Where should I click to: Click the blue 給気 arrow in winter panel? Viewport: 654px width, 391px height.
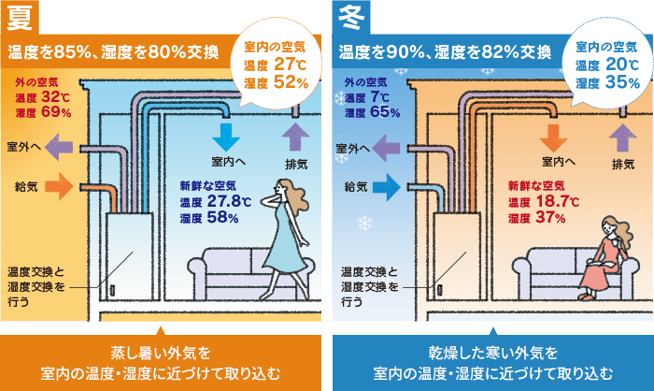pyautogui.click(x=385, y=186)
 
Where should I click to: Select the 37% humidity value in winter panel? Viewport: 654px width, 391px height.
pyautogui.click(x=550, y=218)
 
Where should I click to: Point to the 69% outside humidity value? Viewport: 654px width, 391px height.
pyautogui.click(x=55, y=113)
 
